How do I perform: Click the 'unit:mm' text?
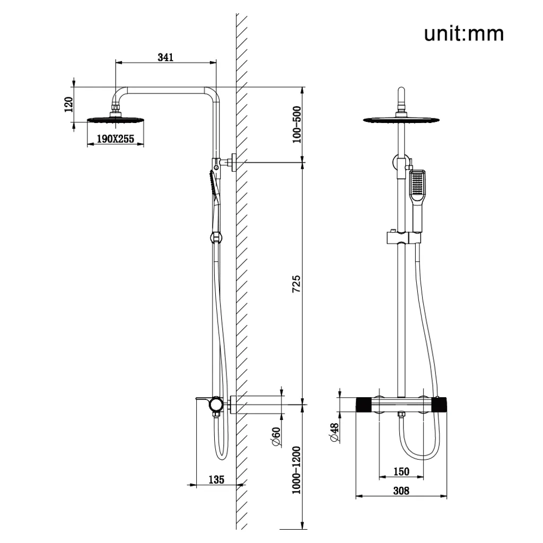point(463,34)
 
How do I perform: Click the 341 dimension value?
point(166,57)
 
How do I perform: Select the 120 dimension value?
point(68,105)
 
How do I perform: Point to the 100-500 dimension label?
point(296,125)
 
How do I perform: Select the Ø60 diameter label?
point(275,436)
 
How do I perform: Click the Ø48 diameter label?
point(334,433)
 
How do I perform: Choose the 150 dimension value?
point(401,471)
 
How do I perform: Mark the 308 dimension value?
point(401,491)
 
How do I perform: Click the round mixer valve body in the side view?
point(216,406)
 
